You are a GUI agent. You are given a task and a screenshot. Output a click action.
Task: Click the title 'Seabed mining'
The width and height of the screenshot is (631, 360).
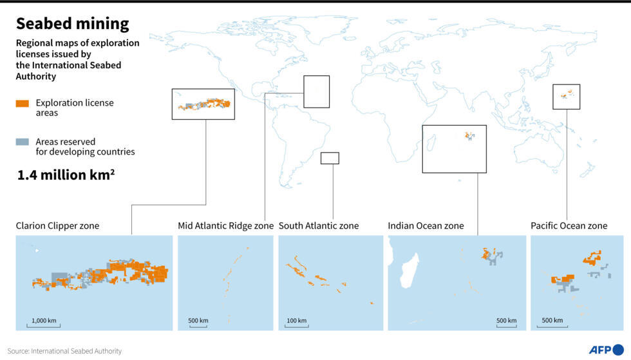tap(72, 24)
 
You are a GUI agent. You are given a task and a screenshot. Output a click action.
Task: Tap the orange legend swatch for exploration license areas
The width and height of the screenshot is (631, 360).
tap(23, 103)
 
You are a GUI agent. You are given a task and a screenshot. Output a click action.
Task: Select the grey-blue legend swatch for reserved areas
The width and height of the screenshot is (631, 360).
tap(23, 142)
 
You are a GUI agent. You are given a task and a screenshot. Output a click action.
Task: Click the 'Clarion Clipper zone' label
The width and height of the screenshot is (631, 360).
tap(57, 225)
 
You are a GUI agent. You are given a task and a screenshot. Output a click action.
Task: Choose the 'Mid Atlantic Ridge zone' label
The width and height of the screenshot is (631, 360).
tap(225, 225)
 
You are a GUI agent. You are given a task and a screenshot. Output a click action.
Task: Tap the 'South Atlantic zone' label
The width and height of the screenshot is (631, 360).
tap(319, 225)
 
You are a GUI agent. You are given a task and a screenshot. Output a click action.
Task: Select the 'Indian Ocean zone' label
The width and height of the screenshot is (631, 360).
tap(426, 225)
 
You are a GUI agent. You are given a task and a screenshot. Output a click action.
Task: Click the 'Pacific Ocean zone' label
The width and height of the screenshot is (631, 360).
tap(569, 225)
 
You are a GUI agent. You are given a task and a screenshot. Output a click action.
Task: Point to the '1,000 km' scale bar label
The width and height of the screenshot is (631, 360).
tap(43, 320)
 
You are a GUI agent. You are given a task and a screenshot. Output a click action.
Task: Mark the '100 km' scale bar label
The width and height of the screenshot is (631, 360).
tap(296, 320)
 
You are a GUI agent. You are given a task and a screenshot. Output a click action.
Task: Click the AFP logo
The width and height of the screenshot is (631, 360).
tap(606, 350)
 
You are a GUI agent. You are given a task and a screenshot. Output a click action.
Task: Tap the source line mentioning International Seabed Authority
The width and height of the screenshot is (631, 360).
tap(64, 351)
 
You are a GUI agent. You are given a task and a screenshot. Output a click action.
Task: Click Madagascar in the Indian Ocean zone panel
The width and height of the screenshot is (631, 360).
tap(409, 271)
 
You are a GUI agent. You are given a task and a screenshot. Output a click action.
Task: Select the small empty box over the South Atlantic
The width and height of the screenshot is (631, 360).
tap(330, 158)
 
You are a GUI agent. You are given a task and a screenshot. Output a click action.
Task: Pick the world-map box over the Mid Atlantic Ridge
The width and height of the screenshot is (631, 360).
tap(316, 91)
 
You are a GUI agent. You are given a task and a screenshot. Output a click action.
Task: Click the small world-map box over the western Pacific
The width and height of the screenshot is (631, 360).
tap(566, 97)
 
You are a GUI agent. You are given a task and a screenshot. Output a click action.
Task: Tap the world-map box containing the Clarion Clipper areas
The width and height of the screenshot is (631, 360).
tap(203, 104)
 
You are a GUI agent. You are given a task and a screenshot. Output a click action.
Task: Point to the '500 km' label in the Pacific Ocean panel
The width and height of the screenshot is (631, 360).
tap(552, 320)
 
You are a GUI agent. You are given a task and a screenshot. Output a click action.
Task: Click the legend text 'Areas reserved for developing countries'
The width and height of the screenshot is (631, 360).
tap(85, 147)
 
